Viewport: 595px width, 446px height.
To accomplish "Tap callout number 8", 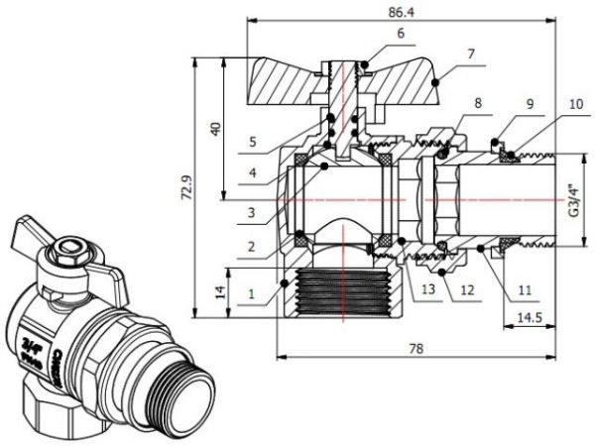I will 478,102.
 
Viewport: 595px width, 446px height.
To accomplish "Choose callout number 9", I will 530,102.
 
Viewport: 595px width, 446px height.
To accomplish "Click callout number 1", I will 253,292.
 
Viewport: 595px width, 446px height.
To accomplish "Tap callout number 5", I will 253,143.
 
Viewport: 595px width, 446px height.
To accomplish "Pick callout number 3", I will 253,210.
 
